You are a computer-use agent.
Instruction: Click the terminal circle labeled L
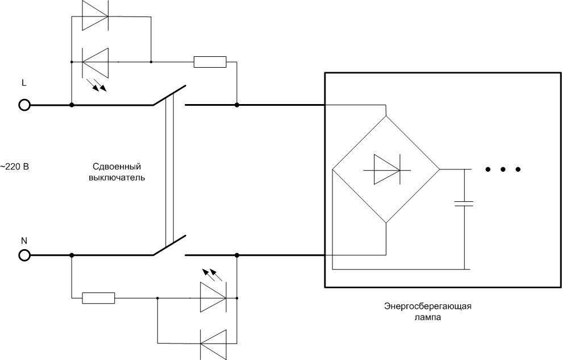coord(24,105)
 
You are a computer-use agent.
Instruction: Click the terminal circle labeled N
coord(24,256)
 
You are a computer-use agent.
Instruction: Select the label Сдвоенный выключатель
coord(116,172)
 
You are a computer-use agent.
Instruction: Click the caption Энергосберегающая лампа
coord(427,312)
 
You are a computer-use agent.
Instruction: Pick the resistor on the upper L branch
coord(210,61)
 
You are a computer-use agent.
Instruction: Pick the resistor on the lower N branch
coord(99,297)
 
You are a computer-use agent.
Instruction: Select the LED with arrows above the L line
coord(95,61)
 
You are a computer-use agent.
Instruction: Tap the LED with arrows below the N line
coord(213,297)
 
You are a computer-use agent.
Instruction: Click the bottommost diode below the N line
coord(213,343)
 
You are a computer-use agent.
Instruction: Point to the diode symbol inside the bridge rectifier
coord(386,169)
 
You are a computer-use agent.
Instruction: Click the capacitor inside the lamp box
coord(464,203)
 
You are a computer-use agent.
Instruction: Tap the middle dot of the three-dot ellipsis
coord(503,169)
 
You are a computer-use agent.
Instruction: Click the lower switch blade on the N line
coord(169,246)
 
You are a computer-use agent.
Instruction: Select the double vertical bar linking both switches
coord(168,171)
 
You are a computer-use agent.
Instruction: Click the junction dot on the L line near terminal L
coord(72,105)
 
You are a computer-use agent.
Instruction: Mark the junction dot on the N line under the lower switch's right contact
coord(236,256)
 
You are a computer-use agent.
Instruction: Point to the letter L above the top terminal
coord(23,83)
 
